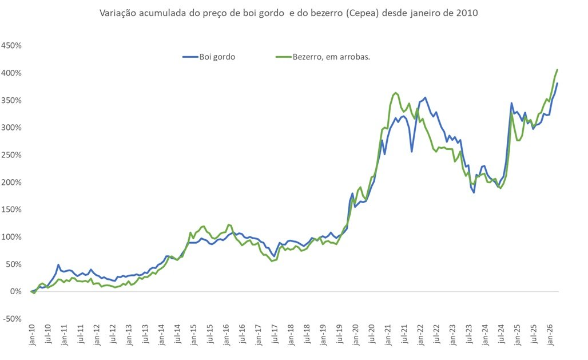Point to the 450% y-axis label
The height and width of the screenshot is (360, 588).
pyautogui.click(x=11, y=46)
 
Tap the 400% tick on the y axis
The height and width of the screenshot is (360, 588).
pyautogui.click(x=11, y=73)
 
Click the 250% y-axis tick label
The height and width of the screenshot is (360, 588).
pyautogui.click(x=11, y=155)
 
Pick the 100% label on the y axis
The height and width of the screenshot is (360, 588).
pyautogui.click(x=11, y=237)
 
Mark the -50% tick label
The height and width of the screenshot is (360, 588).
pyautogui.click(x=12, y=319)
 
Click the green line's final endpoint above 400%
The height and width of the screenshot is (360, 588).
pyautogui.click(x=557, y=70)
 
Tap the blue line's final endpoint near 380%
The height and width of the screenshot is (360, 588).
pyautogui.click(x=557, y=84)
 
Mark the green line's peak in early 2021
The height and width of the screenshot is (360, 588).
pyautogui.click(x=396, y=93)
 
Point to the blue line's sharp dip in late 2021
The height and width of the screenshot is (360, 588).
pyautogui.click(x=412, y=151)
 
